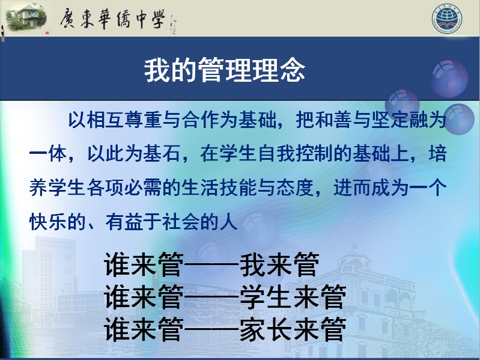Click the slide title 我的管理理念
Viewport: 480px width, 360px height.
pyautogui.click(x=225, y=70)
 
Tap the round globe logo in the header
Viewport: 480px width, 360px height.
pyautogui.click(x=446, y=19)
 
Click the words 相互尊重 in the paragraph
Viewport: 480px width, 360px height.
pyautogui.click(x=124, y=120)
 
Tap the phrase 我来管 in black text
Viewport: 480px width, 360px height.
pyautogui.click(x=279, y=264)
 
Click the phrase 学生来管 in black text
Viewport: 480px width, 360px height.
pyautogui.click(x=293, y=296)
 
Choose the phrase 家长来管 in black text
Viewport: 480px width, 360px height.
pyautogui.click(x=293, y=329)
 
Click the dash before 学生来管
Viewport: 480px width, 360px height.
pyautogui.click(x=212, y=297)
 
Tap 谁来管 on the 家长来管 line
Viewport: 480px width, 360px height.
pyautogui.click(x=144, y=329)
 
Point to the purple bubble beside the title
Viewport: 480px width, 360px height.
pyautogui.click(x=449, y=78)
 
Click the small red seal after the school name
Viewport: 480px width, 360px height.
pyautogui.click(x=47, y=32)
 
